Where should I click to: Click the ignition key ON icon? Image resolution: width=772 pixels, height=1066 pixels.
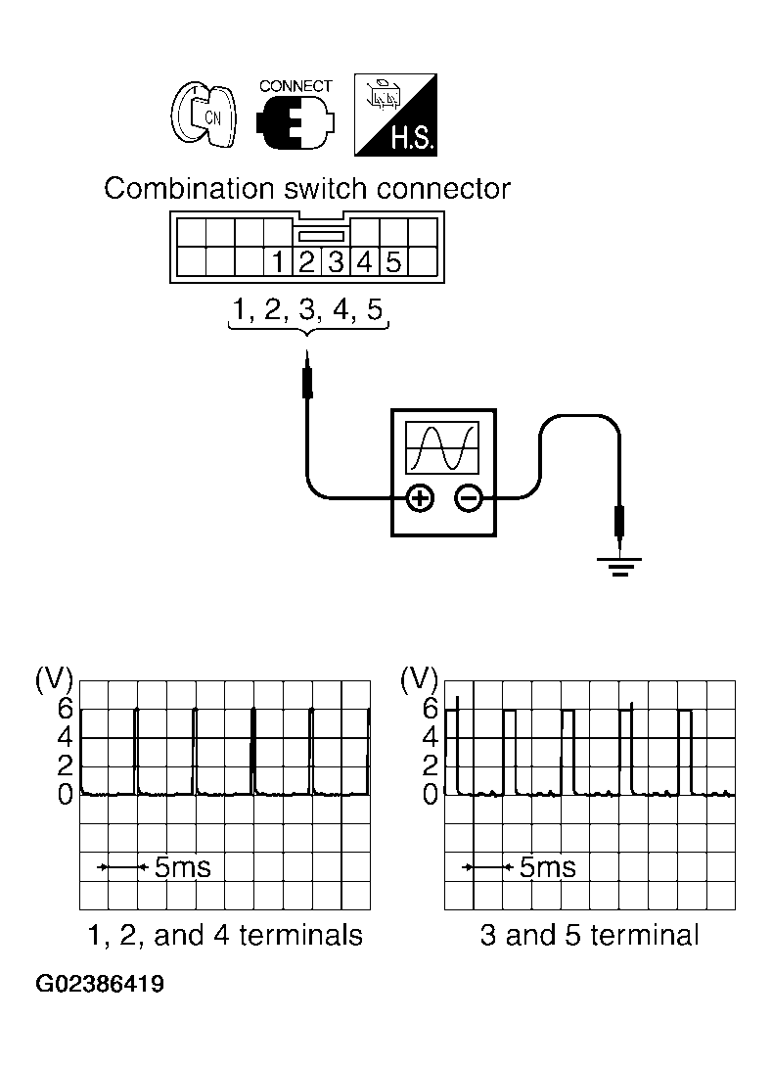pyautogui.click(x=203, y=116)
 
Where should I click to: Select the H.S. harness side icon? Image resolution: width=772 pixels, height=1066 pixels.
pyautogui.click(x=394, y=116)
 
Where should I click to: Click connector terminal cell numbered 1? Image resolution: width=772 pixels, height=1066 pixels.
pyautogui.click(x=279, y=261)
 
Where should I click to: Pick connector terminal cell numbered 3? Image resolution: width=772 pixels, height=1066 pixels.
pyautogui.click(x=337, y=261)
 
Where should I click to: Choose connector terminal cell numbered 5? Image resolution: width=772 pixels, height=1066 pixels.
pyautogui.click(x=393, y=261)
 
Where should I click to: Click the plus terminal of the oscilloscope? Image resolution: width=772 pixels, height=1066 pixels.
pyautogui.click(x=420, y=499)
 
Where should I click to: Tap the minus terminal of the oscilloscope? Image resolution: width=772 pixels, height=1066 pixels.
pyautogui.click(x=469, y=499)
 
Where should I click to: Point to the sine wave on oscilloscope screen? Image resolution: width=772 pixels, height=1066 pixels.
pyautogui.click(x=443, y=447)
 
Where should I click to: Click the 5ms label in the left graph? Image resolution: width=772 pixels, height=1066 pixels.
pyautogui.click(x=182, y=866)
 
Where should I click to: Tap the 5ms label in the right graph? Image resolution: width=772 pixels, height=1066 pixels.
pyautogui.click(x=547, y=866)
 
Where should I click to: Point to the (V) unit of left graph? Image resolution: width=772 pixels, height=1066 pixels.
pyautogui.click(x=54, y=678)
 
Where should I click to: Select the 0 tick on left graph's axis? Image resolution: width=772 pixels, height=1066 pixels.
pyautogui.click(x=65, y=795)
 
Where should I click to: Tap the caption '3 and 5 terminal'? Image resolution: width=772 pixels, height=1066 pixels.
pyautogui.click(x=589, y=936)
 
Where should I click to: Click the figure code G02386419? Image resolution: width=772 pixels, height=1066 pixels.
pyautogui.click(x=101, y=984)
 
